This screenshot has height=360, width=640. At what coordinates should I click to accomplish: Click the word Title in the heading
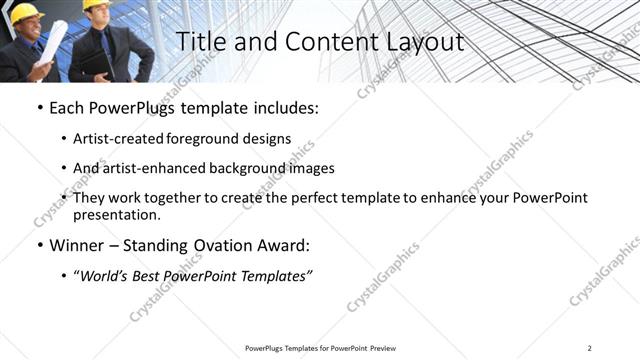[196, 43]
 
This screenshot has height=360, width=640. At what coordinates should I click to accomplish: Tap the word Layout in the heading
[419, 43]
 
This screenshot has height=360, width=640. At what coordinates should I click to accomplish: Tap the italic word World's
[106, 276]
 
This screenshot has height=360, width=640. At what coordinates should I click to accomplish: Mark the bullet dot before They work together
[64, 198]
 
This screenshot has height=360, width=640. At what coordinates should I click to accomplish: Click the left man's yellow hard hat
[24, 10]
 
